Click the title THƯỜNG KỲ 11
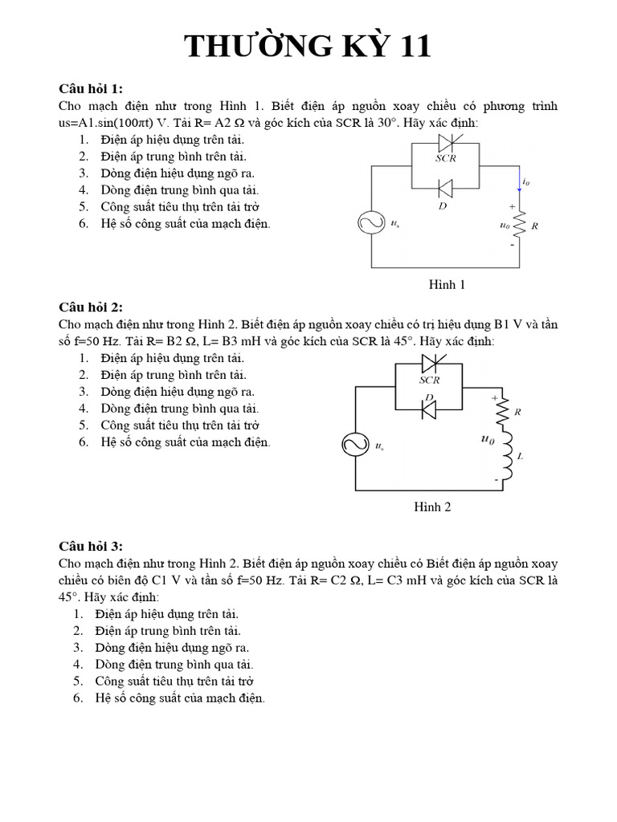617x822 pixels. coord(308,47)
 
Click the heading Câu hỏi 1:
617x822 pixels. coord(91,88)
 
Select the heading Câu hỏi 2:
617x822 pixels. coord(91,307)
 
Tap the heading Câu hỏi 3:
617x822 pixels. coord(91,547)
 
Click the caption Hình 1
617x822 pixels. coord(447,284)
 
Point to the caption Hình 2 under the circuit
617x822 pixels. coord(432,507)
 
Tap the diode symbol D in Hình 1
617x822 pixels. coord(445,188)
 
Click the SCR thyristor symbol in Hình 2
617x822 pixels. coord(429,366)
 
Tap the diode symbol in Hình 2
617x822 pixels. coord(429,409)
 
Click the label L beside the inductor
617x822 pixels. coord(521,457)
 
